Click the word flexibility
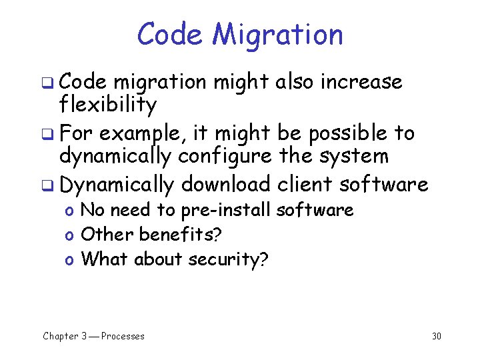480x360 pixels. pyautogui.click(x=108, y=104)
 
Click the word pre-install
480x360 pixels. pyautogui.click(x=226, y=211)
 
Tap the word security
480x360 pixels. pyautogui.click(x=227, y=259)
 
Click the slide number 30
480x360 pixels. pyautogui.click(x=437, y=336)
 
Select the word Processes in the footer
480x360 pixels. pyautogui.click(x=123, y=336)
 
